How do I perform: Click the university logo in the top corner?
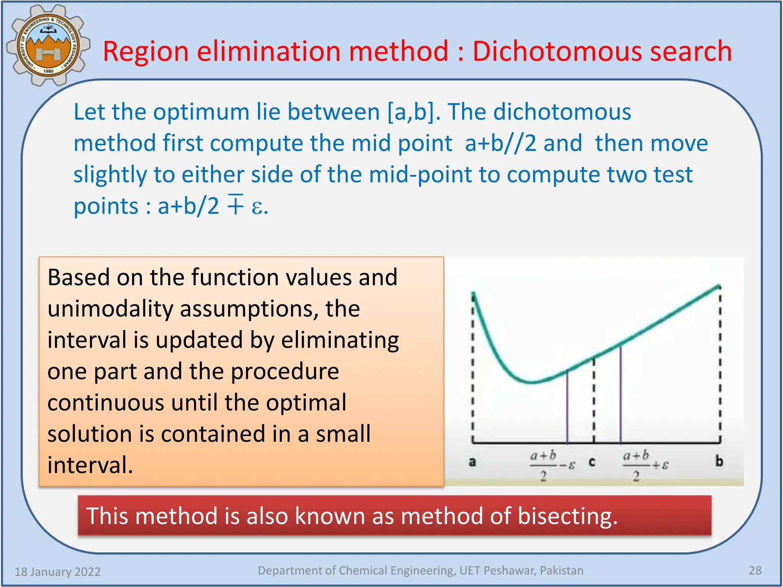point(48,45)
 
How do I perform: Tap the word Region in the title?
point(146,51)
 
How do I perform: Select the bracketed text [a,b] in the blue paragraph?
point(411,112)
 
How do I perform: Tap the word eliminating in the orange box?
point(340,340)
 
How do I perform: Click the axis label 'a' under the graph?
point(473,462)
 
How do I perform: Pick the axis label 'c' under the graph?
point(592,462)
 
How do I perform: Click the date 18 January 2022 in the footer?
point(57,572)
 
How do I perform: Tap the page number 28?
point(755,571)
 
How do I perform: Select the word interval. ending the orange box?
point(90,465)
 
